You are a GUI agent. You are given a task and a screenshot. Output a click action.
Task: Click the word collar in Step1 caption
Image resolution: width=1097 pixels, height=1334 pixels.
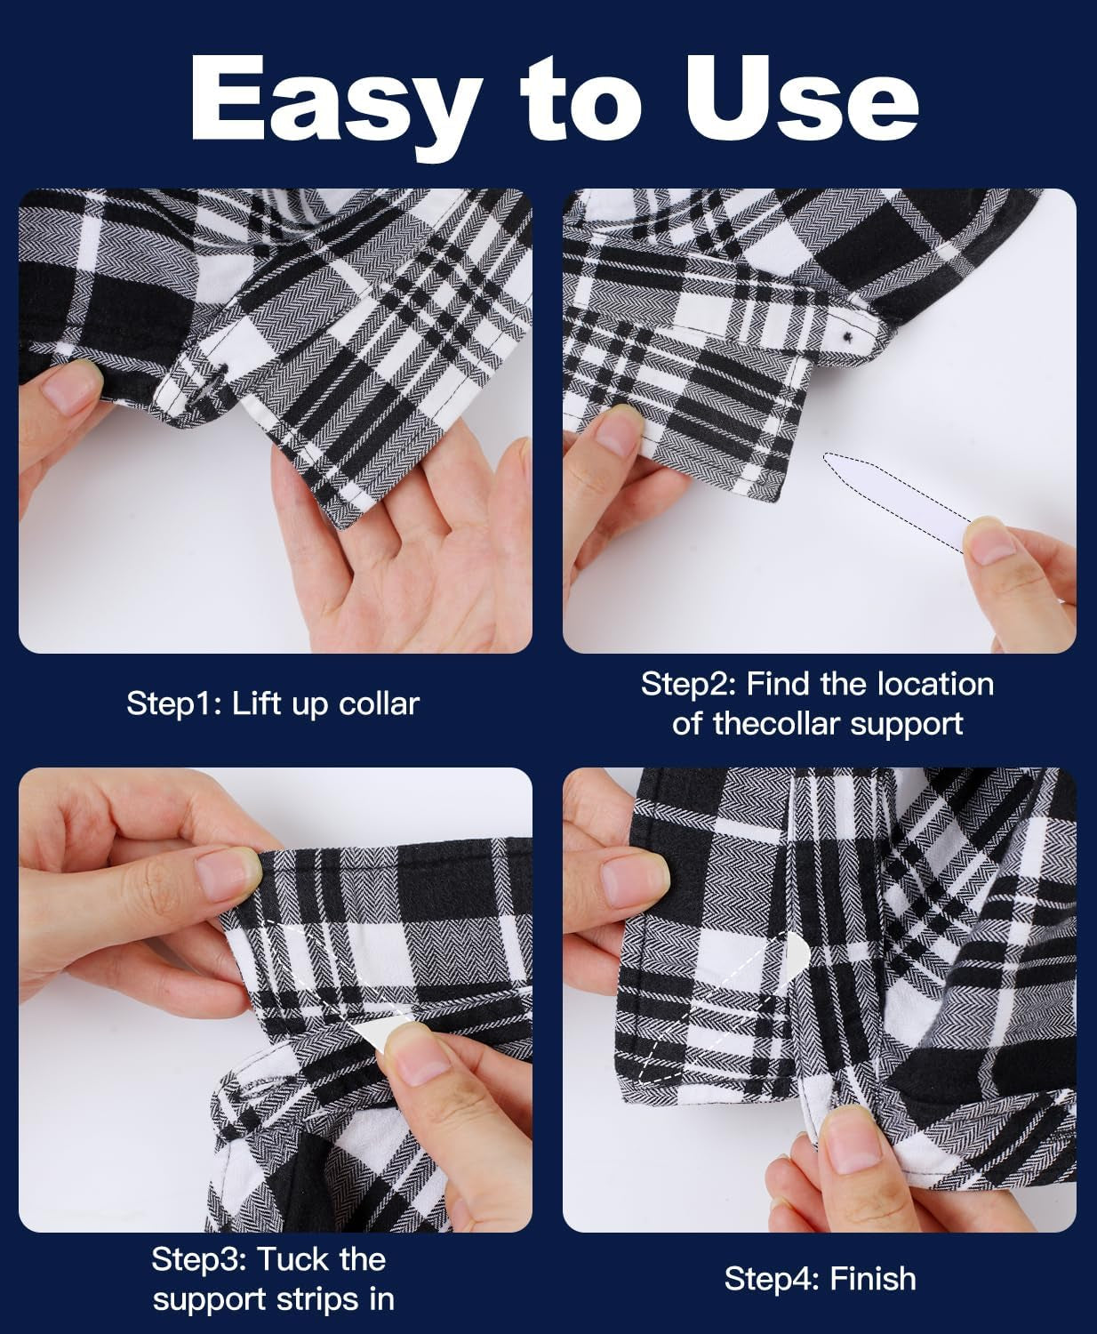click(373, 704)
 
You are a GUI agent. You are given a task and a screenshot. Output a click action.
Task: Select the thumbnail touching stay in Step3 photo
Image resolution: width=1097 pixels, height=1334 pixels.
click(416, 1049)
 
